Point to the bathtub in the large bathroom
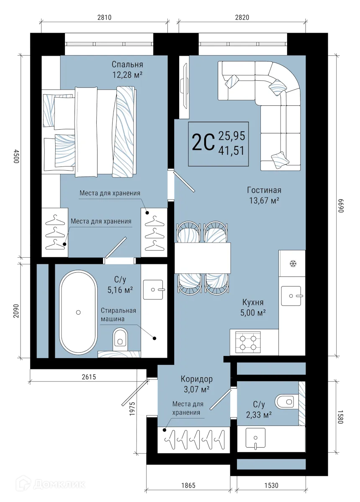(x=78, y=312)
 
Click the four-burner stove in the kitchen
(x=249, y=341)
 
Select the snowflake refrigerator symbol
(x=293, y=264)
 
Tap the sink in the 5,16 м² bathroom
(x=154, y=289)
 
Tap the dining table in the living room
(x=203, y=258)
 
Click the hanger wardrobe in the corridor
(x=193, y=439)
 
